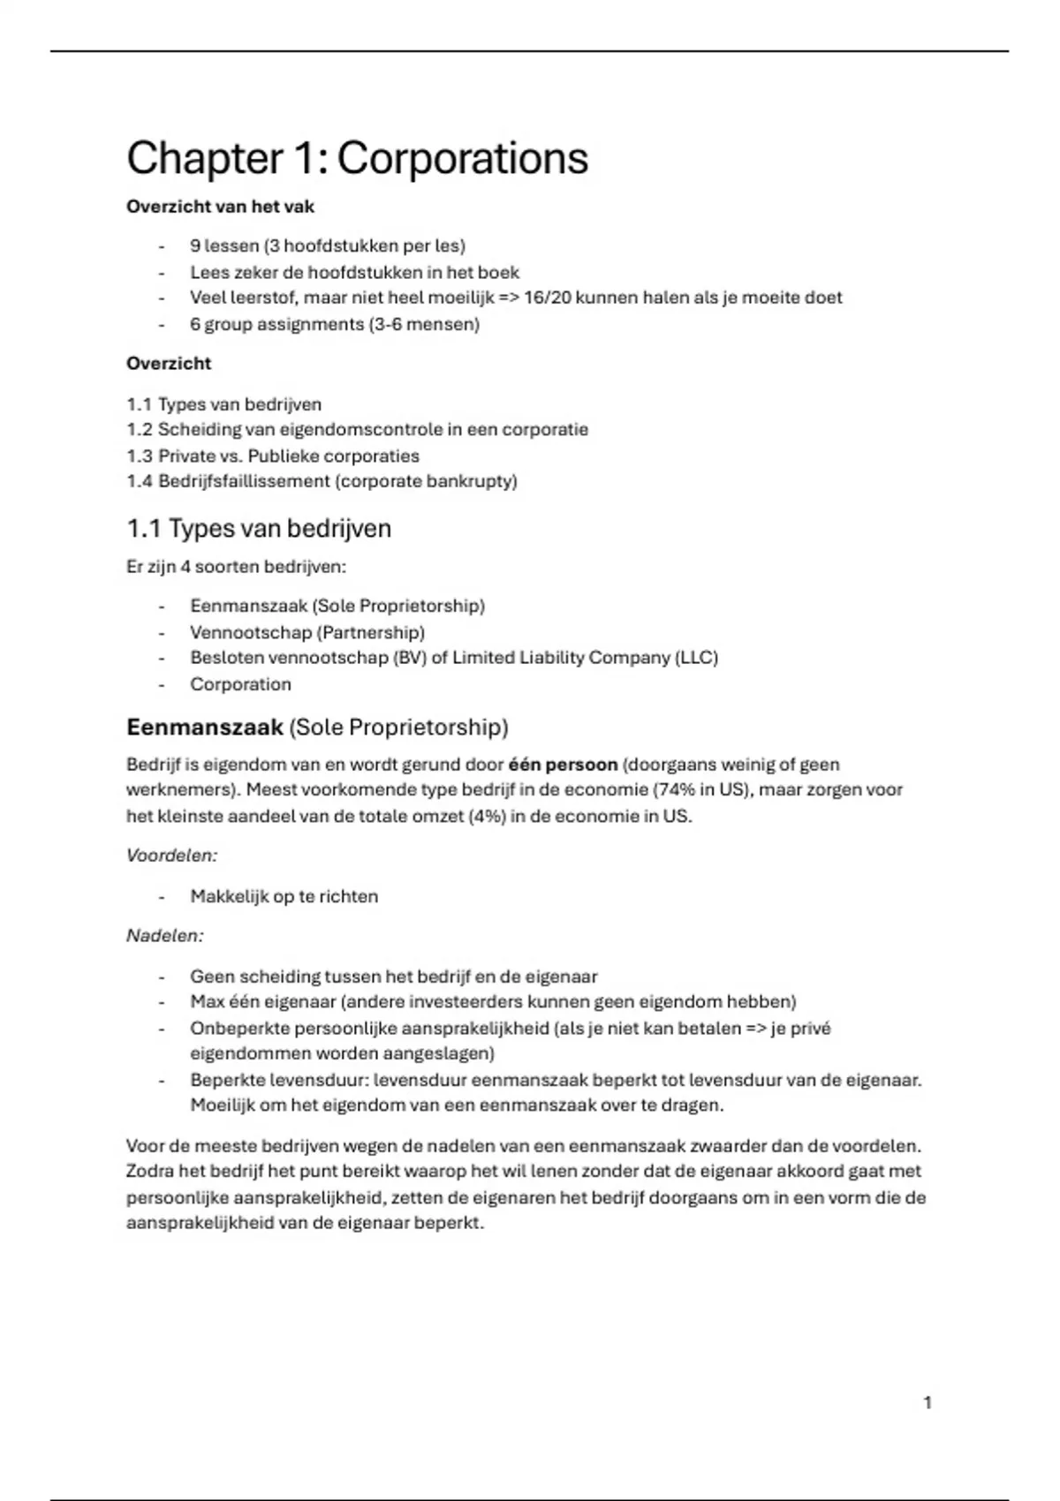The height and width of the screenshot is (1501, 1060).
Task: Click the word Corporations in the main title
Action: pyautogui.click(x=462, y=159)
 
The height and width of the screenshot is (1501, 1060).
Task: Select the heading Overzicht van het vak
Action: pyautogui.click(x=220, y=207)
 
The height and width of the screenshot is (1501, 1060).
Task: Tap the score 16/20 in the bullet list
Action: pyautogui.click(x=548, y=298)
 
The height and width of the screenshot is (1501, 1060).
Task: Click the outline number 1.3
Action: pyautogui.click(x=139, y=456)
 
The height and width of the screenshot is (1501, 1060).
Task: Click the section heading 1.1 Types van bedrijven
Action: pyautogui.click(x=258, y=528)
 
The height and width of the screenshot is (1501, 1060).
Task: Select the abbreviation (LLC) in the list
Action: pyautogui.click(x=696, y=658)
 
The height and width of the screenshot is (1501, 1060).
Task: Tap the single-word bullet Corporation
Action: pyautogui.click(x=240, y=684)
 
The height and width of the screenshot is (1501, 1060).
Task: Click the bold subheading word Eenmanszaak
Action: pyautogui.click(x=204, y=727)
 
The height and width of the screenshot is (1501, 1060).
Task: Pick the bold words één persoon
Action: pyautogui.click(x=563, y=765)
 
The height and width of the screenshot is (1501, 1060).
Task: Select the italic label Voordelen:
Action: pyautogui.click(x=171, y=856)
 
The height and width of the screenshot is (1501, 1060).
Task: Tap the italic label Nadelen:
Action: pyautogui.click(x=164, y=935)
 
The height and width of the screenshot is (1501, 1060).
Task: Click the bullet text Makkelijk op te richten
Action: pyautogui.click(x=284, y=896)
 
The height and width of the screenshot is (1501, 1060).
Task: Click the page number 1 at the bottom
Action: pyautogui.click(x=927, y=1402)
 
